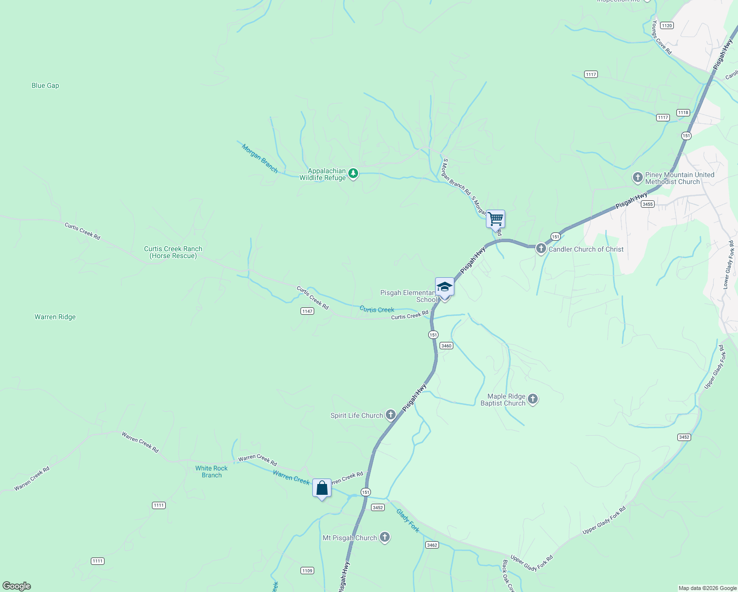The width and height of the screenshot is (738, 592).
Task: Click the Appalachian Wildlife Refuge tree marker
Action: click(x=353, y=174)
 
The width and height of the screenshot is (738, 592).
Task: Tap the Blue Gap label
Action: click(x=45, y=85)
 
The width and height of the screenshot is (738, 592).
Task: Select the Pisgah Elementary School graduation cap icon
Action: click(x=444, y=287)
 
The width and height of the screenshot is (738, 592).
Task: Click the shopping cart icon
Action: click(x=495, y=219)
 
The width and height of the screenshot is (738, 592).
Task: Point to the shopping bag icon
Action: click(x=322, y=488)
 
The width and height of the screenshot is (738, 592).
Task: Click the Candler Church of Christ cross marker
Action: click(x=541, y=249)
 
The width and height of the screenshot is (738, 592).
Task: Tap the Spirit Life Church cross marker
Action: click(x=391, y=415)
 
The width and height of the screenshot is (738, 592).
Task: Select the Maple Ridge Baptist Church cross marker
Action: click(x=532, y=399)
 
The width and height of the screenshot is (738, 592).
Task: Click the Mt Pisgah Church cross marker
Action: click(x=385, y=537)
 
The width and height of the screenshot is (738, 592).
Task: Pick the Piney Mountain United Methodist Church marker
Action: click(x=637, y=177)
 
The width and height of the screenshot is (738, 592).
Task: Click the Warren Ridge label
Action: click(x=55, y=317)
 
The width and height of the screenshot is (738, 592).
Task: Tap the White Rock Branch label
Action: click(x=212, y=472)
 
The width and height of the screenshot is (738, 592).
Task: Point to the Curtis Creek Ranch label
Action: click(x=173, y=252)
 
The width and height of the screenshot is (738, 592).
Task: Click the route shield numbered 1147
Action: click(x=307, y=311)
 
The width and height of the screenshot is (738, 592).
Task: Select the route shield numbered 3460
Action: click(x=446, y=346)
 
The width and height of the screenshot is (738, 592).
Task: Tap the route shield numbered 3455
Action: click(x=648, y=204)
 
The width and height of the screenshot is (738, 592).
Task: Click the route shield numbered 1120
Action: click(x=667, y=26)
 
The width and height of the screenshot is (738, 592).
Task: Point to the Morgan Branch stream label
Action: click(x=260, y=158)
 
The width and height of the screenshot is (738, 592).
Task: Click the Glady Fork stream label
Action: click(x=408, y=520)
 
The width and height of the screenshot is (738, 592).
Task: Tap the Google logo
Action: click(x=17, y=586)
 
